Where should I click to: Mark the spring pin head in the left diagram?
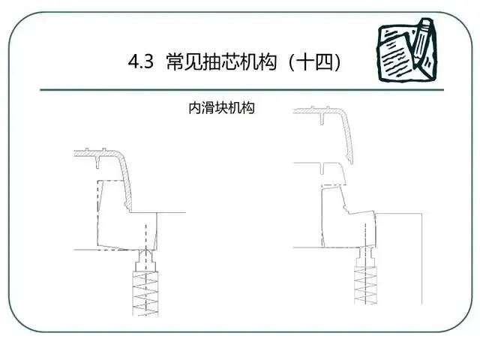coord(144,262)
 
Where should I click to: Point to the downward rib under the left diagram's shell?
coord(100,159)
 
